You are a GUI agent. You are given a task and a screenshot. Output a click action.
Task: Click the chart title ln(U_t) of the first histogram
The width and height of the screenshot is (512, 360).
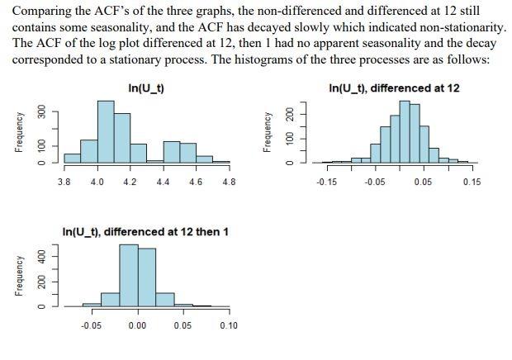pyautogui.click(x=146, y=88)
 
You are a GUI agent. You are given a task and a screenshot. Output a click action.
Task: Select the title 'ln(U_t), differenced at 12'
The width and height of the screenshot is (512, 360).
pyautogui.click(x=394, y=88)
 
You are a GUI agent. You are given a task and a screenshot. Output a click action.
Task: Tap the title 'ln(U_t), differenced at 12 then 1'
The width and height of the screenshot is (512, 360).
pyautogui.click(x=145, y=232)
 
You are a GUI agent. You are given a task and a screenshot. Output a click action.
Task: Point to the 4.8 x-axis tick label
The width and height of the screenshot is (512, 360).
pyautogui.click(x=229, y=182)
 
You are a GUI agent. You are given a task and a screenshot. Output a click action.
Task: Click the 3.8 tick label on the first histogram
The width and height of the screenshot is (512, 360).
pyautogui.click(x=64, y=182)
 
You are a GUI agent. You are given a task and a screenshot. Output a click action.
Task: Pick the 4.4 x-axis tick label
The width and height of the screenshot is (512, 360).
pyautogui.click(x=163, y=182)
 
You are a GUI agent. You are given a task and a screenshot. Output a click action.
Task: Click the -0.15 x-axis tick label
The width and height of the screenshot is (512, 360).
pyautogui.click(x=326, y=182)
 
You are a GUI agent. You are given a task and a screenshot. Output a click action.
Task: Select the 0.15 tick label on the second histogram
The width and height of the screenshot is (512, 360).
pyautogui.click(x=472, y=182)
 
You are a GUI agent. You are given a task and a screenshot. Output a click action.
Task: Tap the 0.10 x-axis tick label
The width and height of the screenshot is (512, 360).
pyautogui.click(x=229, y=325)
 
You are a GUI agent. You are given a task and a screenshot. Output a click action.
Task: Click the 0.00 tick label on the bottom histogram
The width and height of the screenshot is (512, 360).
pyautogui.click(x=137, y=325)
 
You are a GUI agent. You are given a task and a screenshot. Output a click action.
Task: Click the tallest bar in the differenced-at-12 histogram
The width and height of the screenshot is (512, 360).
pyautogui.click(x=405, y=133)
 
